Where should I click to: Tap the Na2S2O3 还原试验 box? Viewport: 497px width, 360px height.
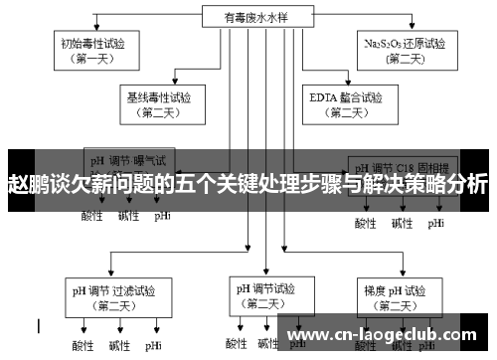click(x=403, y=51)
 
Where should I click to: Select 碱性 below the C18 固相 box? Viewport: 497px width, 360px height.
click(x=401, y=223)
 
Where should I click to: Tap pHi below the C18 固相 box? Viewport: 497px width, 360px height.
click(x=436, y=223)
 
